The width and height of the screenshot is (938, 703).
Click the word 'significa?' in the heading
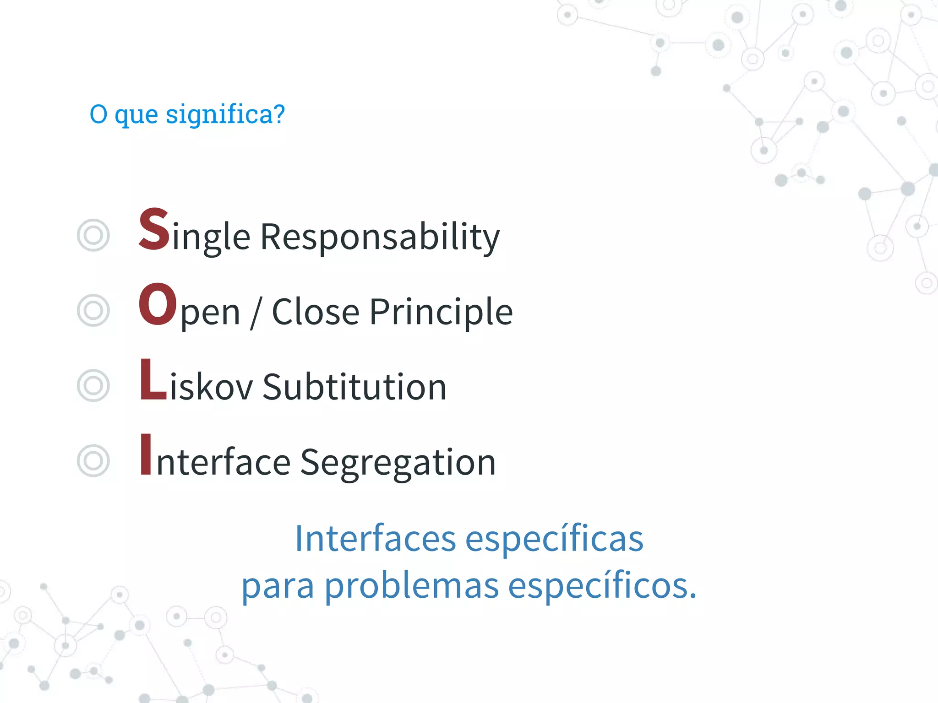pos(225,114)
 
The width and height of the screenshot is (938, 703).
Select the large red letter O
pos(158,304)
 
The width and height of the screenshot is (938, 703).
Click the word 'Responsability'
pos(380,237)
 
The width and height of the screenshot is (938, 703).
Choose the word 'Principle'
pos(441,312)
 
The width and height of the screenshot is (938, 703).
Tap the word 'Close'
pos(316,312)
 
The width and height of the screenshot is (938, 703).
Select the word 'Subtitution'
pos(354,387)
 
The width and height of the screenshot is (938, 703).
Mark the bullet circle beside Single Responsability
pos(93,235)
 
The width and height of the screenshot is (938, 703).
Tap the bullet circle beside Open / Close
pos(93,310)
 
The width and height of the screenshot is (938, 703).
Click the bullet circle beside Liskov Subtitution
pos(93,386)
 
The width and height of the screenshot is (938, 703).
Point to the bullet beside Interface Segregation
pos(93,461)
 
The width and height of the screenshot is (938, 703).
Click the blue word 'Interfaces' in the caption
pos(375,538)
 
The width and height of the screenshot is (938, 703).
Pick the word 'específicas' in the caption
pos(554,539)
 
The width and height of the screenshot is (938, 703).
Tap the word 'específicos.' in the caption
pos(602,587)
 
